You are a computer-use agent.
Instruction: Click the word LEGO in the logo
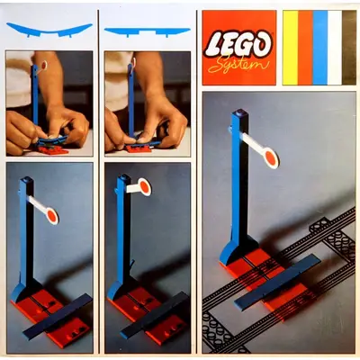238,45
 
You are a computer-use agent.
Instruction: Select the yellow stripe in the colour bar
290,48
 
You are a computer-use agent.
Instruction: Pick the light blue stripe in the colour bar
320,48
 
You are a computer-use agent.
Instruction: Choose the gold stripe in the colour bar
349,48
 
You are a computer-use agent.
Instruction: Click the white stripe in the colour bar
335,48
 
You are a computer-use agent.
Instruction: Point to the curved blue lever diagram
49,30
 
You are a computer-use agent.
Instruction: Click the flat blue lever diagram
147,31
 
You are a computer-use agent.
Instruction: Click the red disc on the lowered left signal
51,216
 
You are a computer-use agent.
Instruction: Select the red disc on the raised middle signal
145,187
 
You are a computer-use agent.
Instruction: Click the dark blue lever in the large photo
277,282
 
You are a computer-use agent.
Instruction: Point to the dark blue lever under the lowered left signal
57,316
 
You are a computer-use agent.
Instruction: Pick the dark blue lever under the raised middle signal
155,316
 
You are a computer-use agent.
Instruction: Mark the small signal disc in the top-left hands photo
44,66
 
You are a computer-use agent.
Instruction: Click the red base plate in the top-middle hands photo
139,149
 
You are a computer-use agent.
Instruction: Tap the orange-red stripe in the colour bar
305,48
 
